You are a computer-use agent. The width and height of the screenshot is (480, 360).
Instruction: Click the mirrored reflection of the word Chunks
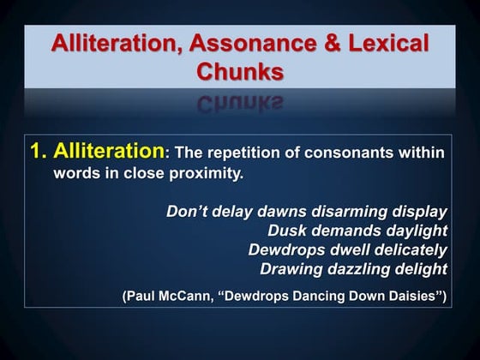coord(239,104)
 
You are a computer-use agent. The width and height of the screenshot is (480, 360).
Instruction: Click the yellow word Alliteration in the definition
coord(108,152)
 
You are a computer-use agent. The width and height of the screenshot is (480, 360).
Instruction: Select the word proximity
coord(211,174)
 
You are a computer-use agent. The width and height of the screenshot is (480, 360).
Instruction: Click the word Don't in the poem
coord(186,212)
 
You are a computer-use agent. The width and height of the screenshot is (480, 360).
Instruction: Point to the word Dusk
coord(287,231)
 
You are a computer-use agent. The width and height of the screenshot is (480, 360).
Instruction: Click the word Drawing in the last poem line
coord(290,268)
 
